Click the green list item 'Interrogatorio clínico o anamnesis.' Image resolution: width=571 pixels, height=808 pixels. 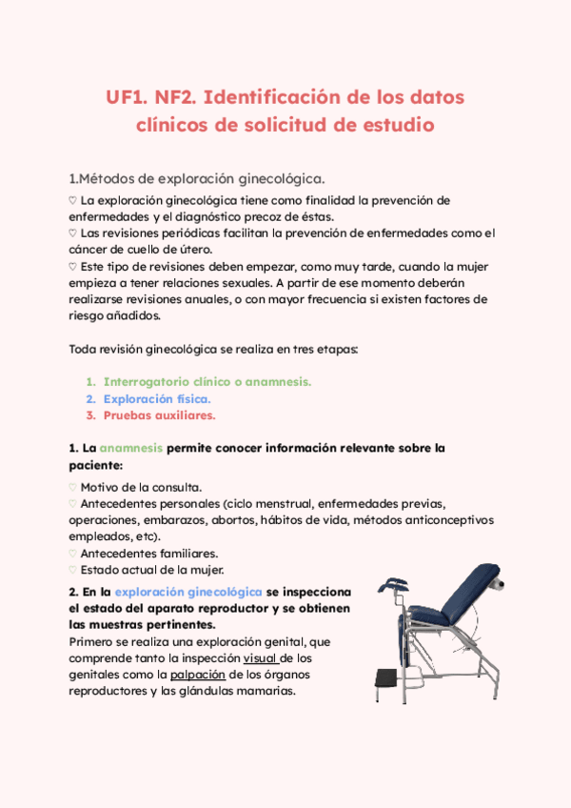pos(207,381)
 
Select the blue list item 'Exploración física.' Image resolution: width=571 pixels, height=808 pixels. pos(157,398)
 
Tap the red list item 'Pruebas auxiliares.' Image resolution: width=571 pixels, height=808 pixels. pos(160,415)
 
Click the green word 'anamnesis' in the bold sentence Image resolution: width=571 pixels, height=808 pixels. pos(131,448)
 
